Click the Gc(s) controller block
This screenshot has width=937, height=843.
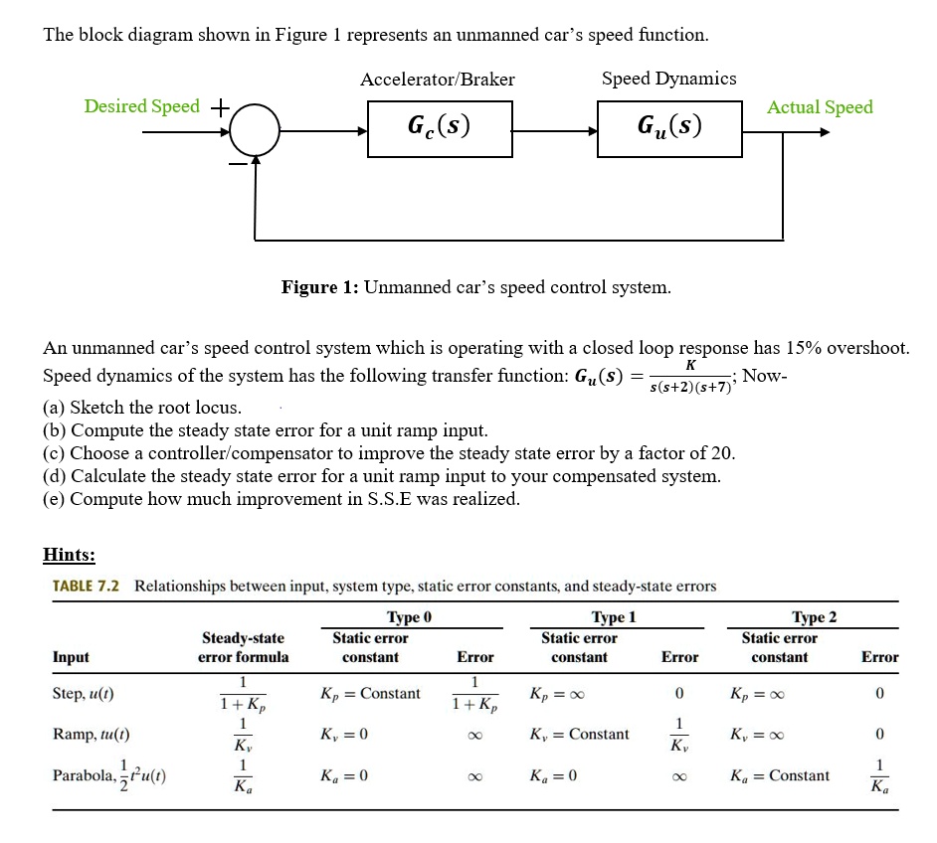[x=440, y=127]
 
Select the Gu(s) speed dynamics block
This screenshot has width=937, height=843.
[x=669, y=127]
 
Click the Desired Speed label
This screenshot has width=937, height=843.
[x=141, y=106]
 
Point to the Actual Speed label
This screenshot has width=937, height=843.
[x=820, y=107]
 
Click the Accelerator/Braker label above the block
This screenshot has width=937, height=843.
[x=438, y=80]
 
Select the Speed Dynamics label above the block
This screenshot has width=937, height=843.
[x=668, y=79]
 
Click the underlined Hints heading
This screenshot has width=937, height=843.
[x=69, y=555]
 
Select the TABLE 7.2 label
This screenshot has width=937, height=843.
[x=86, y=587]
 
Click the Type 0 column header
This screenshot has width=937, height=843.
[x=410, y=617]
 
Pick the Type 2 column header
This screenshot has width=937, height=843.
[x=814, y=617]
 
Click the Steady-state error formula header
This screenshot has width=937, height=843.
[x=243, y=647]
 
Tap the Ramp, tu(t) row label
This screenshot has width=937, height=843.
[x=91, y=735]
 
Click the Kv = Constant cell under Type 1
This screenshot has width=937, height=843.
[x=580, y=735]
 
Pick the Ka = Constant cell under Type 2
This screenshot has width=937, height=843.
[x=779, y=775]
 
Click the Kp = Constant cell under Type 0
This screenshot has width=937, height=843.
[x=370, y=693]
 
